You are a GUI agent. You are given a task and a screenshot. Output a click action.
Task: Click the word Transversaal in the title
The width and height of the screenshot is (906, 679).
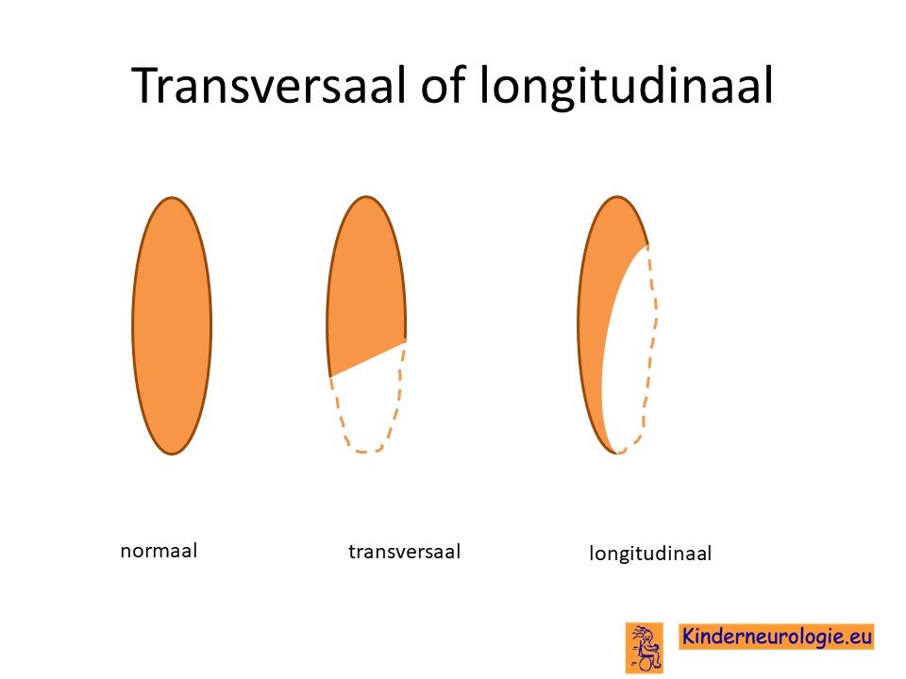point(269,85)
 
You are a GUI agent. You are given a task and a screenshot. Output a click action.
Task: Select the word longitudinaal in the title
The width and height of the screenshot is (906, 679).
point(627,87)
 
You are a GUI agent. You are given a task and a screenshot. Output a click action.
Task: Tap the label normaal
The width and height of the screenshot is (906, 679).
point(159,550)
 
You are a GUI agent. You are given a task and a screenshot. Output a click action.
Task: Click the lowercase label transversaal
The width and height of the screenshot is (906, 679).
point(405,552)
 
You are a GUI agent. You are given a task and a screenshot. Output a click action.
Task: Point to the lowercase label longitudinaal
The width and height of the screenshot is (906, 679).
point(650,554)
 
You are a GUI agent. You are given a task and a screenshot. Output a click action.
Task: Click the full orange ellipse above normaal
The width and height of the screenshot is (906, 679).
point(172,325)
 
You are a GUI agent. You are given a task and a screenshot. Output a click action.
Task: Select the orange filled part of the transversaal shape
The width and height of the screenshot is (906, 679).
point(366,283)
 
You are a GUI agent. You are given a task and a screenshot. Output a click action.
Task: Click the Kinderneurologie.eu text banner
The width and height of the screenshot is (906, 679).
point(776,637)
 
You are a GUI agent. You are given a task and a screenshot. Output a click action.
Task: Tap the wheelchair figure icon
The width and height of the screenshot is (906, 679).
point(645,648)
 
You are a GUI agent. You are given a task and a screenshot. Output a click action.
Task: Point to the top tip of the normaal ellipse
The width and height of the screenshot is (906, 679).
point(172,197)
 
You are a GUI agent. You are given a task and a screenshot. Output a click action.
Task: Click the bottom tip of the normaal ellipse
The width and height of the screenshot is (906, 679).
point(172,455)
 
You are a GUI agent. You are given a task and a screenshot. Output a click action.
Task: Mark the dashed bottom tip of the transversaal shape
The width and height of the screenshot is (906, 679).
point(367,452)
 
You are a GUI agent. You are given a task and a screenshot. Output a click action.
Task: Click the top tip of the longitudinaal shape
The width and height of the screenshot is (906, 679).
point(617,197)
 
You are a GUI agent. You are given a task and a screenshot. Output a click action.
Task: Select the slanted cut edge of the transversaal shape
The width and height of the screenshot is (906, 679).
point(367,359)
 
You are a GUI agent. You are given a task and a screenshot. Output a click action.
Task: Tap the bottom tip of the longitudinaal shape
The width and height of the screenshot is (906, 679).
point(617,454)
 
